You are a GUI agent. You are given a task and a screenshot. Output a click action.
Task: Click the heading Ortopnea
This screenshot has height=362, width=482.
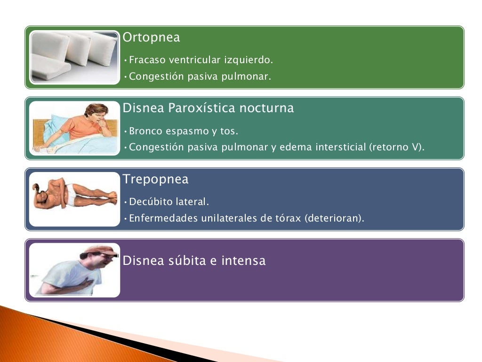(x=151, y=38)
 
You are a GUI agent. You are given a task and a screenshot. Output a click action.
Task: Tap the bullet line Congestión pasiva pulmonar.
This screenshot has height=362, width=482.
(x=200, y=76)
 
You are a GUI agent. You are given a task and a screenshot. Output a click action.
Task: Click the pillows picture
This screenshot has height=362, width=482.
(x=74, y=58)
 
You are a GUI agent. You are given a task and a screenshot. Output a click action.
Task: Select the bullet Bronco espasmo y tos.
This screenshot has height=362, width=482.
(x=184, y=131)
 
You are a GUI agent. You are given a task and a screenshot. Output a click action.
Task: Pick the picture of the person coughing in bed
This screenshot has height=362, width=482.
(x=74, y=128)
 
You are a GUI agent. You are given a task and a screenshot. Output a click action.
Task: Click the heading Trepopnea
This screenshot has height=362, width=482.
(x=155, y=180)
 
